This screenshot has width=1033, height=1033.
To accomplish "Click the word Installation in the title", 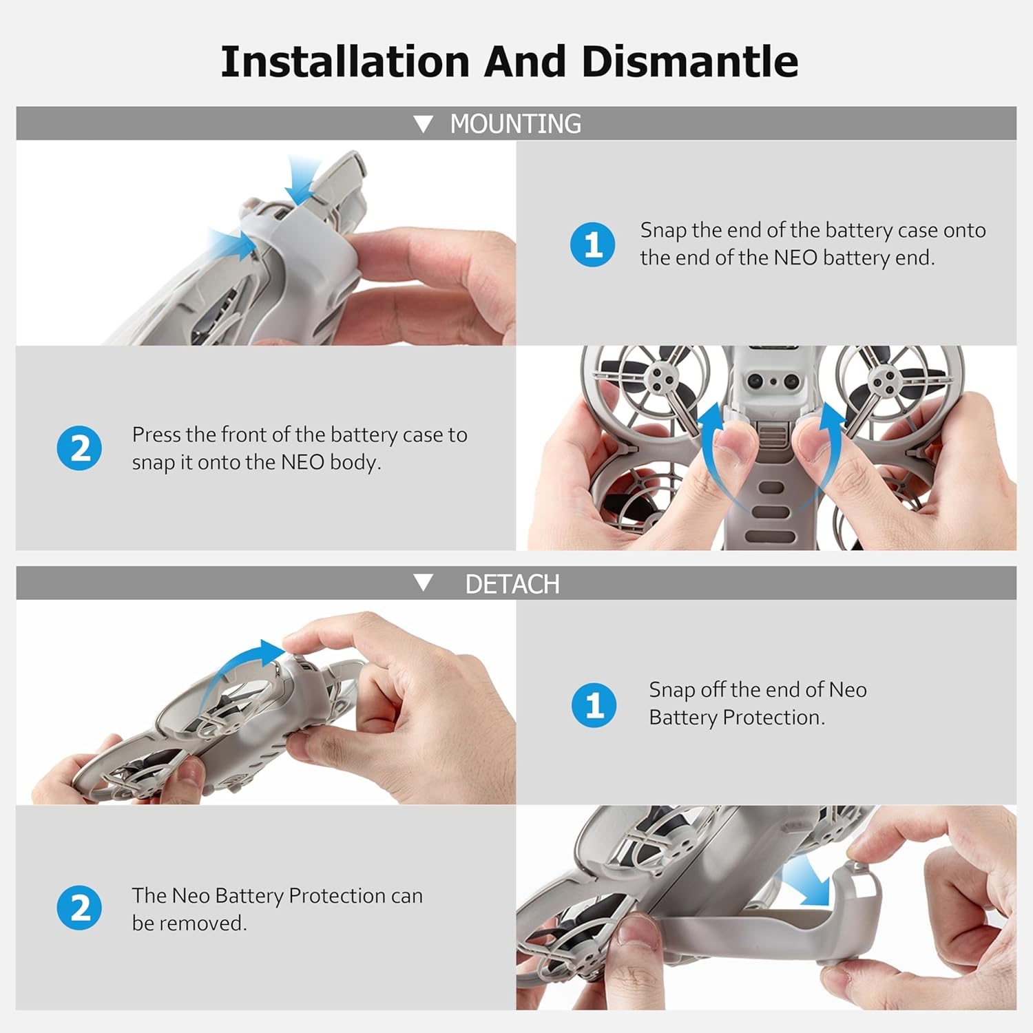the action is click(345, 61).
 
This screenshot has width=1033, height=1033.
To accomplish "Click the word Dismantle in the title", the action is click(689, 61).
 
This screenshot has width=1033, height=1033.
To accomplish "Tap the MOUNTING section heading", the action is click(516, 124).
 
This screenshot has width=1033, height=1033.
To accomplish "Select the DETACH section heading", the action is click(512, 584).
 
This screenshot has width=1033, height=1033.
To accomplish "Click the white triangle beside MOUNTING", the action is click(424, 124).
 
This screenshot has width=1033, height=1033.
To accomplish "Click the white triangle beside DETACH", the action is click(424, 583).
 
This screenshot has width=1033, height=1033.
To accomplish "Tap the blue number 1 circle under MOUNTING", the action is click(592, 244).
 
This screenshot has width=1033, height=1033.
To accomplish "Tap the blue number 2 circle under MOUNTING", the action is click(79, 448).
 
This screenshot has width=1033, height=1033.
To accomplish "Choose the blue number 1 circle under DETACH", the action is click(594, 705).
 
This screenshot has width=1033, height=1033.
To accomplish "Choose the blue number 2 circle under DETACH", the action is click(79, 908).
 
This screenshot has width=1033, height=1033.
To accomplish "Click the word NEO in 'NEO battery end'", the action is click(795, 258).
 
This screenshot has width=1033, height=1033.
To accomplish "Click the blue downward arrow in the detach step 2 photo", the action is click(807, 880).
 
